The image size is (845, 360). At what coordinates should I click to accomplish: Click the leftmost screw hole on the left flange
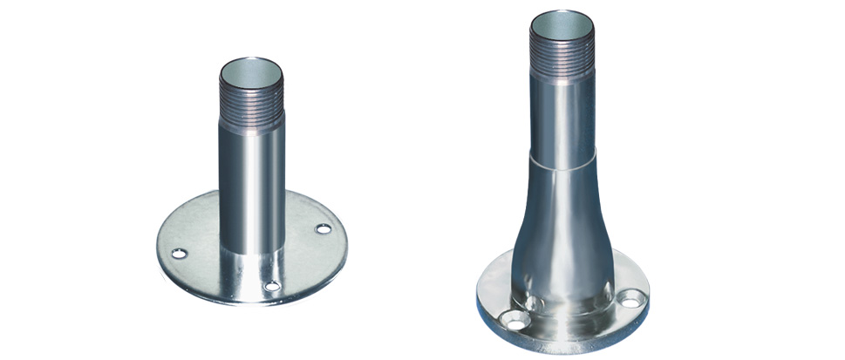click(181, 254)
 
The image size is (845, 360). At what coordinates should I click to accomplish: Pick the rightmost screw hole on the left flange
click(324, 229)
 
